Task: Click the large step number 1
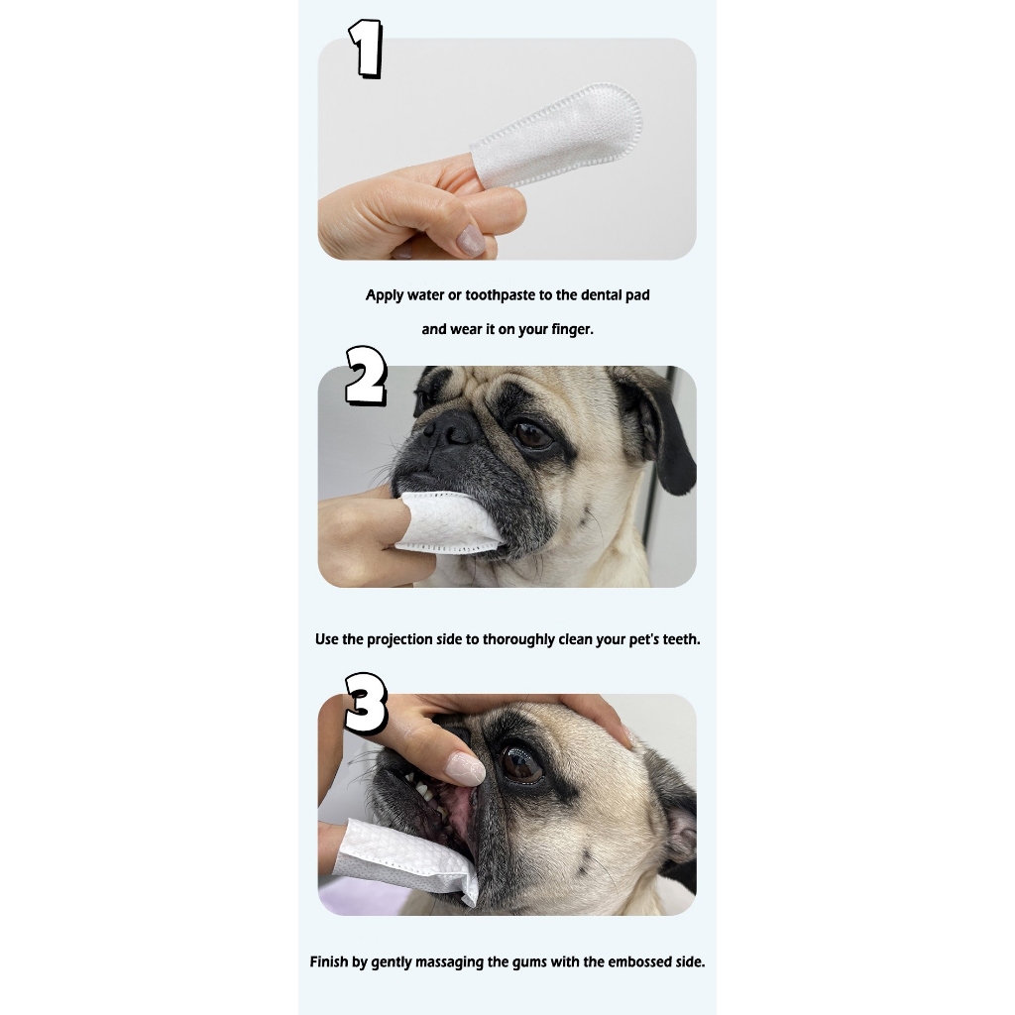coord(367,49)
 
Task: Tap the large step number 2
coord(366,376)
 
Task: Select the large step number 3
coord(366,703)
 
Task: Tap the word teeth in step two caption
coord(681,639)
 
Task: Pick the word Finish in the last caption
coord(329,961)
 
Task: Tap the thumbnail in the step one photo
coord(470,240)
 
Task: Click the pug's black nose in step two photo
coord(451,428)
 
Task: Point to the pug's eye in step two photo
coord(532,436)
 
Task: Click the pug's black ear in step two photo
coord(657,424)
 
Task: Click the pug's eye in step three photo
coord(521,763)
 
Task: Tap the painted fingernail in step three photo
coord(466,768)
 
